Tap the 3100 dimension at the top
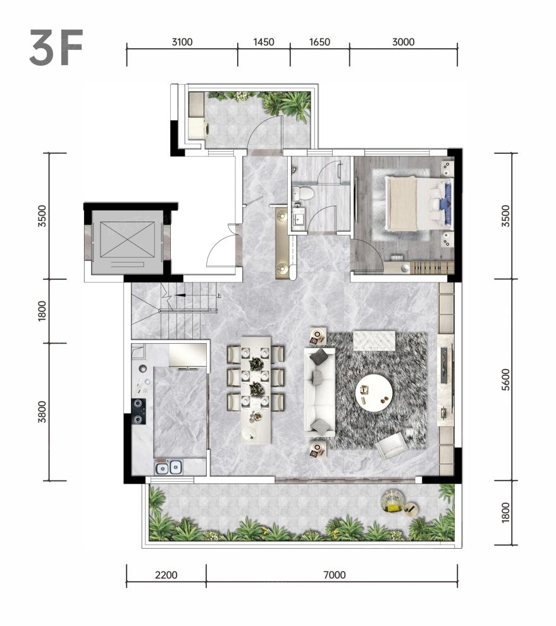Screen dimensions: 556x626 [182, 42]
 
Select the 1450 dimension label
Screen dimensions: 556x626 [264, 42]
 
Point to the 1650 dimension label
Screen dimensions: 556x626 [319, 42]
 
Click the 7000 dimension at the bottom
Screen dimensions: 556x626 [334, 575]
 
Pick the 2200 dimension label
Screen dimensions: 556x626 [166, 575]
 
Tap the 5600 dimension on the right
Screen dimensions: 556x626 [505, 380]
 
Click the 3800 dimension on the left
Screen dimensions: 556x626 [42, 411]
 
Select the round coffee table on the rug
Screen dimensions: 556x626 [374, 392]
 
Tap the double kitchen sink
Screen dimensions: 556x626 [169, 467]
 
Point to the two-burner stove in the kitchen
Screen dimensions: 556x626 [139, 411]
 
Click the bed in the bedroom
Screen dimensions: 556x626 [418, 204]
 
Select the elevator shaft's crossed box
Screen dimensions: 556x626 [127, 239]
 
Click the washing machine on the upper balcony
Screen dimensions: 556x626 [197, 128]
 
